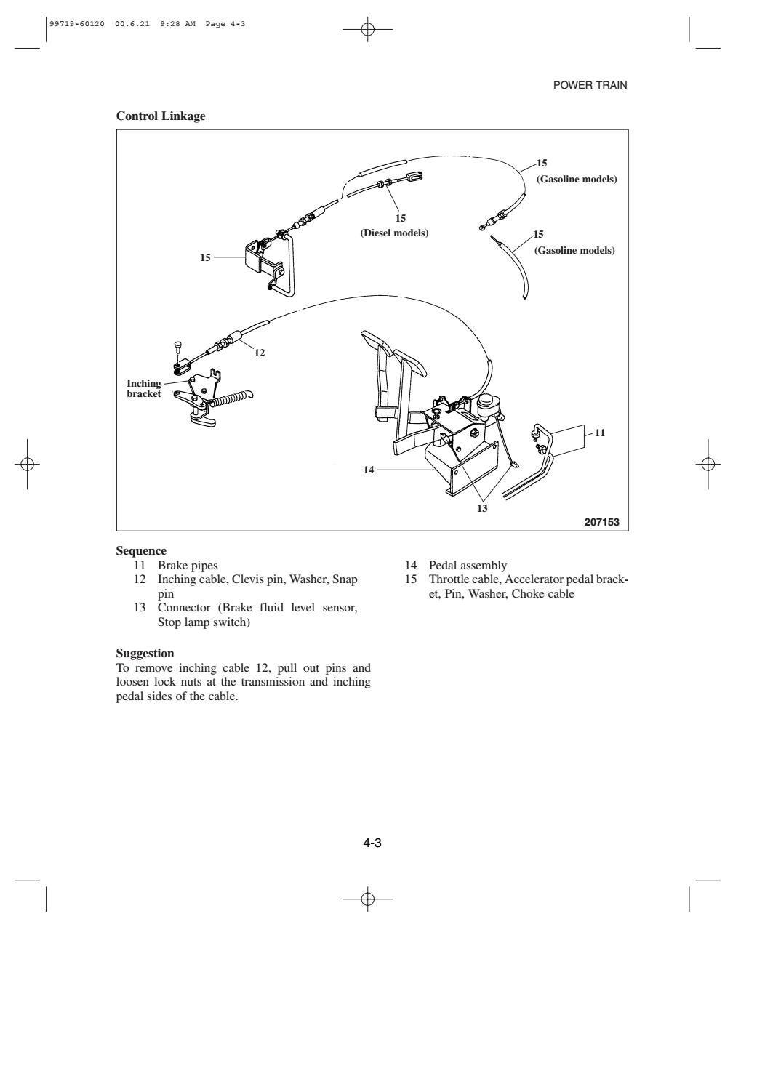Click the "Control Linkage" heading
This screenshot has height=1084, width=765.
click(x=161, y=116)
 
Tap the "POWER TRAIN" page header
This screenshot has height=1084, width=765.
click(x=590, y=85)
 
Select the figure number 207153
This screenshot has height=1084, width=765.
click(x=602, y=521)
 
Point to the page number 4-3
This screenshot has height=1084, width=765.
click(x=372, y=843)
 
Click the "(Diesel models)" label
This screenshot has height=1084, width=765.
click(x=394, y=233)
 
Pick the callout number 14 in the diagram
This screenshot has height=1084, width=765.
click(x=369, y=470)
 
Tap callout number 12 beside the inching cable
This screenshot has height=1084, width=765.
click(x=260, y=353)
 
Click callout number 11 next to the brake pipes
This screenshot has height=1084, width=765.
click(x=600, y=433)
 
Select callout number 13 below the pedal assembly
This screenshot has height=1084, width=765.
click(x=482, y=508)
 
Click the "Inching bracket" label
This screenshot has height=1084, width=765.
click(x=144, y=389)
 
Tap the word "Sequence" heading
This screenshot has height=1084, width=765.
click(x=141, y=551)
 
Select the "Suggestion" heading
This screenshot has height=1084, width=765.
click(x=145, y=654)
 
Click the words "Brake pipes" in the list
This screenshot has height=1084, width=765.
click(x=188, y=565)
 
